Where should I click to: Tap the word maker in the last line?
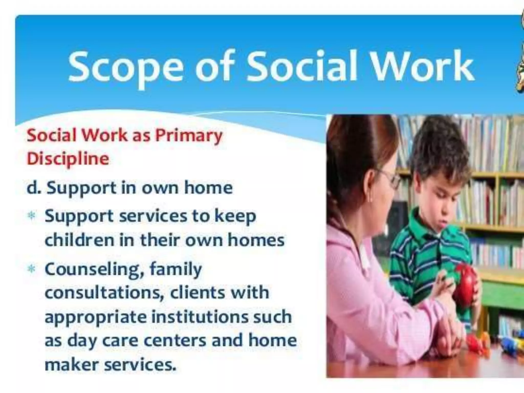pyautogui.click(x=72, y=364)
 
